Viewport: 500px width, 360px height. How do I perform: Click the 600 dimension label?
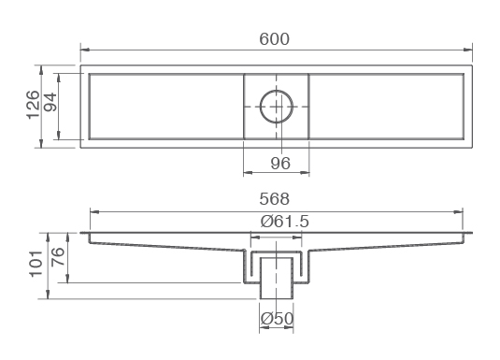pos(274,39)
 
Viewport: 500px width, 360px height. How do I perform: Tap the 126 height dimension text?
pos(33,105)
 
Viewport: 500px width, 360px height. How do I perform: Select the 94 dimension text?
pos(50,102)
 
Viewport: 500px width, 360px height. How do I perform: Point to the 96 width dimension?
pos(280,163)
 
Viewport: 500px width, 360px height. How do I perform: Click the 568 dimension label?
pos(274,199)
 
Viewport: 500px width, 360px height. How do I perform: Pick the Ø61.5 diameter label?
pos(285,222)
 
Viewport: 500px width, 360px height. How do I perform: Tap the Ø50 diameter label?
pos(277,319)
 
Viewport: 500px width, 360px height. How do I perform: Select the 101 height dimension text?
pos(36,264)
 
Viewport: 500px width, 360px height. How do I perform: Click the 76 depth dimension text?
pos(58,257)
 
